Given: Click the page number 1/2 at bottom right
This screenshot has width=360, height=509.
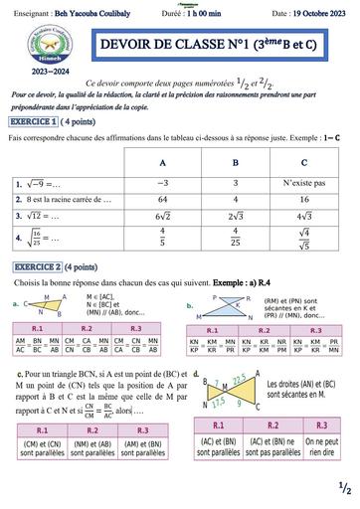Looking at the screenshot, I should (343, 489).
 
